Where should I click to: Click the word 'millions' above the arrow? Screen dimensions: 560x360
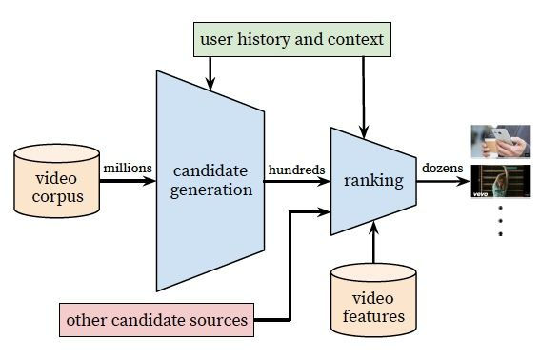click(128, 168)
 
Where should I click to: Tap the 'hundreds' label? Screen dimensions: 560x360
click(297, 170)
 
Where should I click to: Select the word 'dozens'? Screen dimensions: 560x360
click(443, 168)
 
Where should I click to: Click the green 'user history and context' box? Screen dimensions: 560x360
click(292, 39)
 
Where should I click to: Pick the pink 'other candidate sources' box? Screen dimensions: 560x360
click(156, 320)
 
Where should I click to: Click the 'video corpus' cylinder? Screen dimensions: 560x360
click(57, 181)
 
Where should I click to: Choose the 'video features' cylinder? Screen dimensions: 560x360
click(373, 300)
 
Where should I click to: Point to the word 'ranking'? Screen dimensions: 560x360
click(373, 180)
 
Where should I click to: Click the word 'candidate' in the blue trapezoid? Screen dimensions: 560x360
click(210, 170)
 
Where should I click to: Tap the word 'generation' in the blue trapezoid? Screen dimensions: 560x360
click(211, 190)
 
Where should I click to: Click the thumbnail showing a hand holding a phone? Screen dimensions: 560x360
click(501, 141)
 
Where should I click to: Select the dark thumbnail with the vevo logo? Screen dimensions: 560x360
click(501, 181)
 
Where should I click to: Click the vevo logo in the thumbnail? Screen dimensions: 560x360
click(480, 194)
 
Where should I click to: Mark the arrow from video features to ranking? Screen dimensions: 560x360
click(373, 242)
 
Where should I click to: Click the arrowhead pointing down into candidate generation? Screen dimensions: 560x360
click(210, 84)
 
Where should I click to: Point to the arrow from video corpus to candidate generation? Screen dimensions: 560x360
click(128, 181)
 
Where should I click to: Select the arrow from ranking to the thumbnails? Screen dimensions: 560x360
click(443, 181)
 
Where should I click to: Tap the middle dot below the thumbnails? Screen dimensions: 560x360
click(500, 221)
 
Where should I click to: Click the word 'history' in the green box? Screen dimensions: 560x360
click(263, 39)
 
